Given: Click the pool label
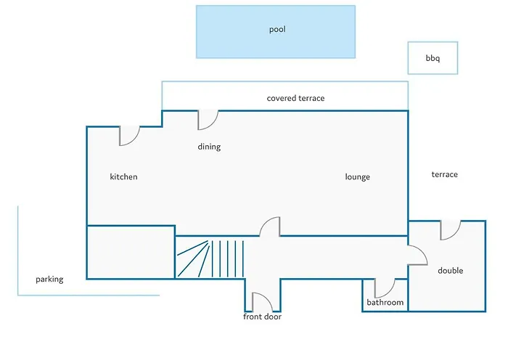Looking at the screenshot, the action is (x=277, y=30).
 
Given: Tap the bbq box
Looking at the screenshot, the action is (x=433, y=58).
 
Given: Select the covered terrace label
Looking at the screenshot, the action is (x=295, y=98).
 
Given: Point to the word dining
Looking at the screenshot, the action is (x=209, y=147).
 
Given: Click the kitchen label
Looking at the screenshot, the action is (x=124, y=176).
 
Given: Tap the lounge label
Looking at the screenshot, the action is (x=357, y=177).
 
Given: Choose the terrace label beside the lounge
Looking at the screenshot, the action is (x=444, y=175).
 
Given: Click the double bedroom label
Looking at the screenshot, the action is (x=451, y=271).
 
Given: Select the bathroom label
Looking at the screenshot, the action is (x=385, y=303).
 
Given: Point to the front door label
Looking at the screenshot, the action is (x=262, y=317).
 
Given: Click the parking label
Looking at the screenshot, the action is (x=49, y=280).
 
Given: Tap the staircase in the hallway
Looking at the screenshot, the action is (x=210, y=258).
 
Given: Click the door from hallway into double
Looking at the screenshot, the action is (x=422, y=251).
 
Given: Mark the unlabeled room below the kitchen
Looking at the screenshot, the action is (x=131, y=252).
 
